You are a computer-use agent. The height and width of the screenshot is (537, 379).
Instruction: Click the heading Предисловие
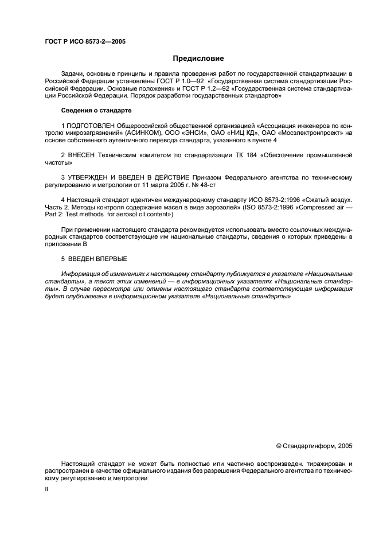[198, 58]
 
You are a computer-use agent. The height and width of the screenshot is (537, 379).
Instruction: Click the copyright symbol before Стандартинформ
[279, 445]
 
